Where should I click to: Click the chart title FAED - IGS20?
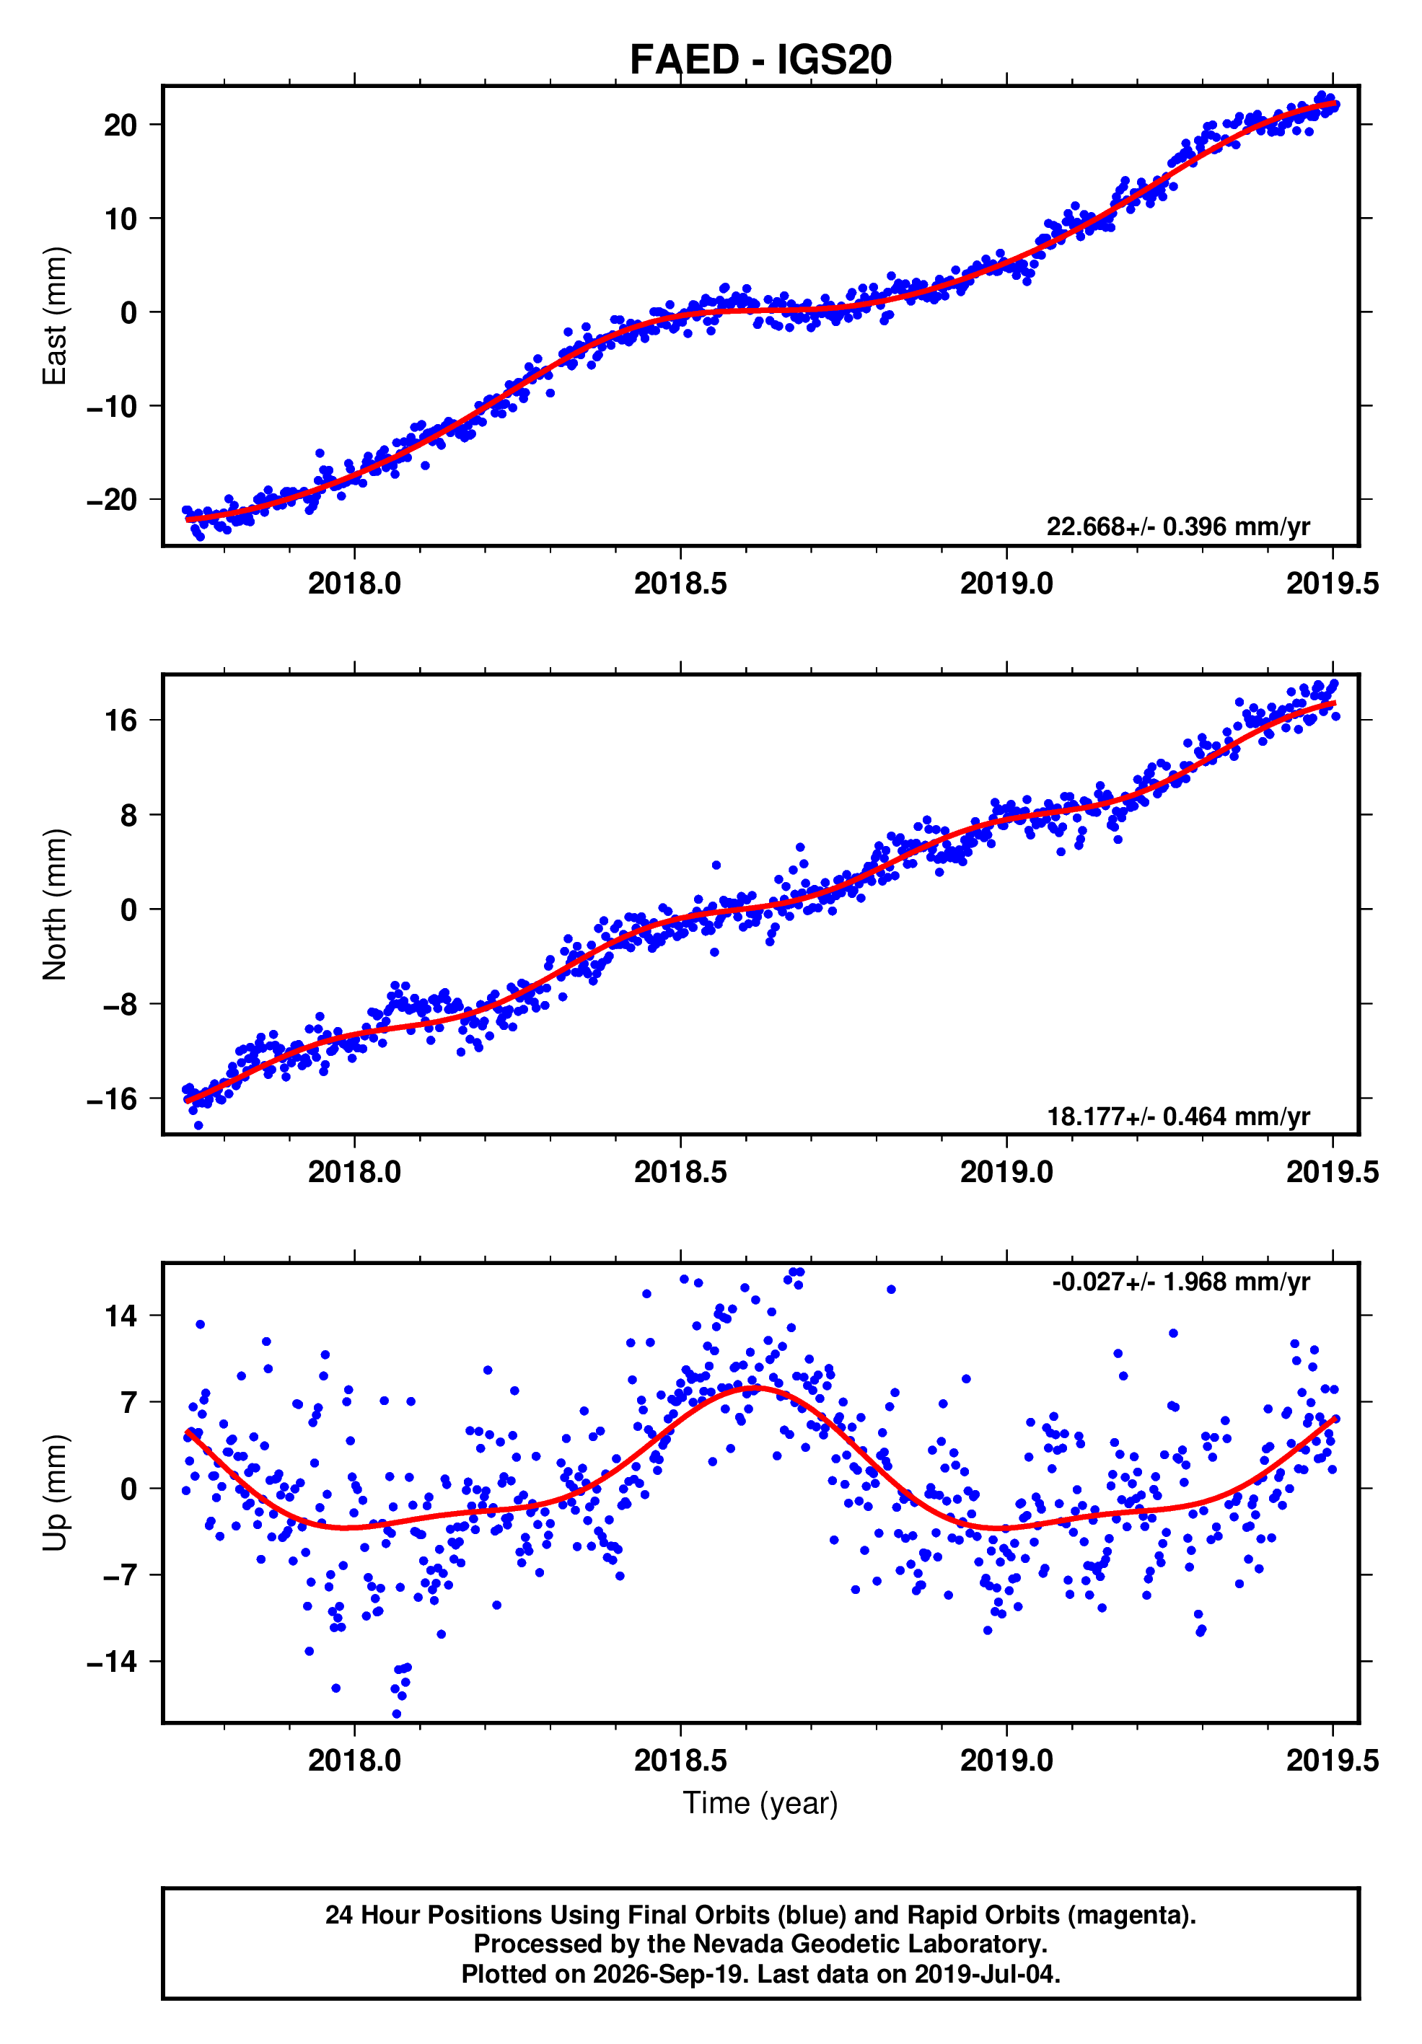coord(760,60)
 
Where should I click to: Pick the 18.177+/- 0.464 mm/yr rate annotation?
coord(1177,1116)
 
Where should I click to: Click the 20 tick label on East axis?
coord(121,125)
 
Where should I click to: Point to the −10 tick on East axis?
coord(113,406)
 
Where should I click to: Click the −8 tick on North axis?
coord(121,1004)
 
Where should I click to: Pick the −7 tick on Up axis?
coord(121,1575)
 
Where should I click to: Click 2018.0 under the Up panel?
coord(354,1760)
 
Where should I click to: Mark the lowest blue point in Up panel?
coord(396,1714)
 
